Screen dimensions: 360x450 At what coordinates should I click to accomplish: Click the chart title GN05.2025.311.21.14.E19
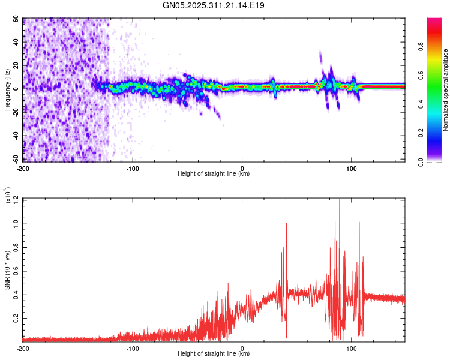(214, 5)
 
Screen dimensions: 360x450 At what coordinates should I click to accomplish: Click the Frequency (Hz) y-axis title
(7, 90)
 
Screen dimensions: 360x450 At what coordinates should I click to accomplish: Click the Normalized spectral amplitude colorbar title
(446, 90)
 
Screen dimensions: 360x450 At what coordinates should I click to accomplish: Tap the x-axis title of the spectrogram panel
(214, 174)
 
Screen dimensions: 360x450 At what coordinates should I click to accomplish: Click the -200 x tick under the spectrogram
(23, 167)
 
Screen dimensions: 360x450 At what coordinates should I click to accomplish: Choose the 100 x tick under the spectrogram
(352, 167)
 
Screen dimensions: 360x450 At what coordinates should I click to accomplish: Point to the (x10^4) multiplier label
(7, 196)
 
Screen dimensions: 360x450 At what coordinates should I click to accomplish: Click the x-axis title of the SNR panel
(214, 354)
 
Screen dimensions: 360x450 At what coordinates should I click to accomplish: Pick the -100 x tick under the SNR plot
(133, 347)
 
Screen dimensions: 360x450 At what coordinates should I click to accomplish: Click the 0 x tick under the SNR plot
(242, 347)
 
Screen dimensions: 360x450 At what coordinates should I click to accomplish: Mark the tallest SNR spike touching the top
(340, 200)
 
